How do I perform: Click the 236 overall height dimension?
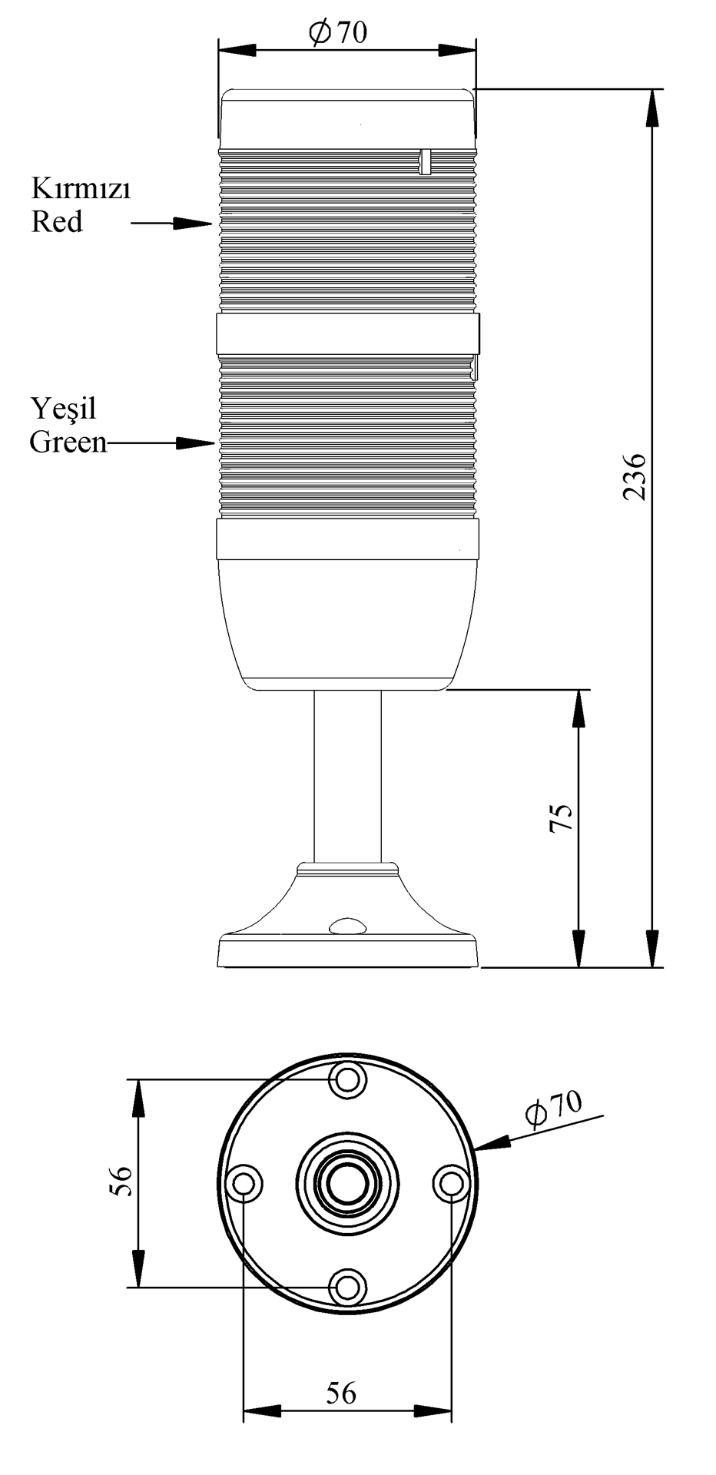point(635,477)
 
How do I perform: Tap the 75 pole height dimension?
point(562,818)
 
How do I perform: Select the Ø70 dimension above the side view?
point(338,32)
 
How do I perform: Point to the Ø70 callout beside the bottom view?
point(553,1107)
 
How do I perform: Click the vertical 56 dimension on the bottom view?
point(121,1182)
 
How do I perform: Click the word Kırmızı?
point(81,188)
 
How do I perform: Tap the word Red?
point(56,222)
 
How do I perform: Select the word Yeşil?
point(64,409)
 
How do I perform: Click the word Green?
point(68,442)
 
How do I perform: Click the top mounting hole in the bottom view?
point(348,1080)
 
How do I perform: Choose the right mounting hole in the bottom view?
point(450,1182)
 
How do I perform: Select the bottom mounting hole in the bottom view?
point(348,1286)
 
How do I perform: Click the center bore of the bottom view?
point(348,1182)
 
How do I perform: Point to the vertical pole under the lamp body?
point(347,776)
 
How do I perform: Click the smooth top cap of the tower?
point(347,119)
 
